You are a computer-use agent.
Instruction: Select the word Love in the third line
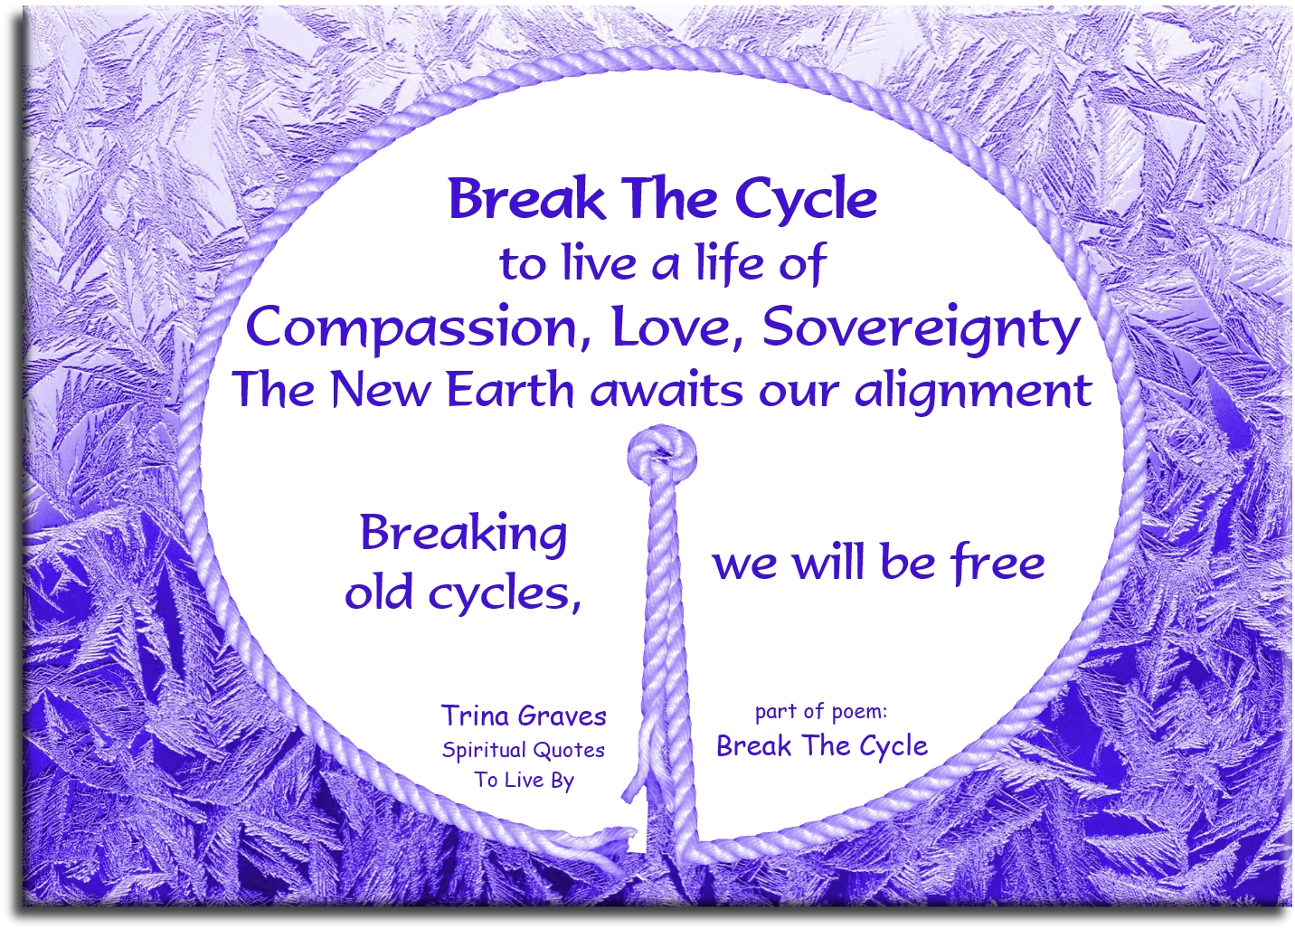[x=678, y=327]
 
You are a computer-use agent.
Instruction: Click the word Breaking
[x=464, y=534]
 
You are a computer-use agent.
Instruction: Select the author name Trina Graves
[x=524, y=716]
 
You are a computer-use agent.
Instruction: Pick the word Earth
[x=510, y=390]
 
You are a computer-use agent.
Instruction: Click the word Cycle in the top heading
[x=806, y=200]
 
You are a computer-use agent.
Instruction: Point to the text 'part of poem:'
[x=821, y=712]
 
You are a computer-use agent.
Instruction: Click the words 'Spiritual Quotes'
[x=524, y=750]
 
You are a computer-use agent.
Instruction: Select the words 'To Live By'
[x=525, y=780]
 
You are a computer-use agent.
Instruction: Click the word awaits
[x=667, y=390]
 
